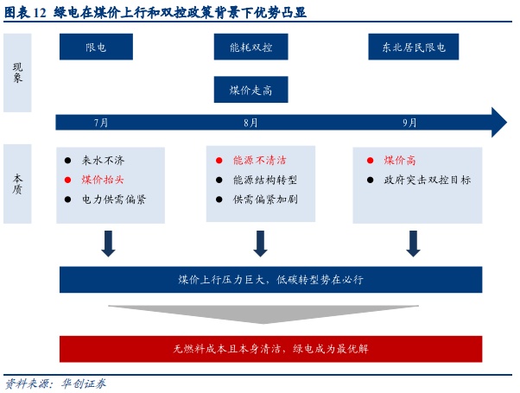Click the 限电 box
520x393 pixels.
[x=96, y=48]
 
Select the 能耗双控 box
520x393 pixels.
[x=250, y=48]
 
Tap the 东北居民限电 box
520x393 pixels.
[x=408, y=48]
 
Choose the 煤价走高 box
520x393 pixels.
[x=250, y=90]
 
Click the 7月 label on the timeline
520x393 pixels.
[x=101, y=123]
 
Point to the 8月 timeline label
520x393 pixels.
[x=250, y=123]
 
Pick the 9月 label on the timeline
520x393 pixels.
[x=409, y=123]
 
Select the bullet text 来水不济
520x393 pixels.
[x=103, y=161]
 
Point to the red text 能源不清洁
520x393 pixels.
[x=259, y=161]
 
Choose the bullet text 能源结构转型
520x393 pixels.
[x=264, y=180]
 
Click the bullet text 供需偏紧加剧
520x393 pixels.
[x=264, y=199]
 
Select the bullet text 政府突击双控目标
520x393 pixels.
[x=427, y=180]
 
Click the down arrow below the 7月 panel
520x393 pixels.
[x=108, y=244]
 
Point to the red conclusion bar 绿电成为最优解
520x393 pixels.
[x=270, y=349]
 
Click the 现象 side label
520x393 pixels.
[x=17, y=73]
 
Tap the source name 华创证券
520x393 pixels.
[x=83, y=383]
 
